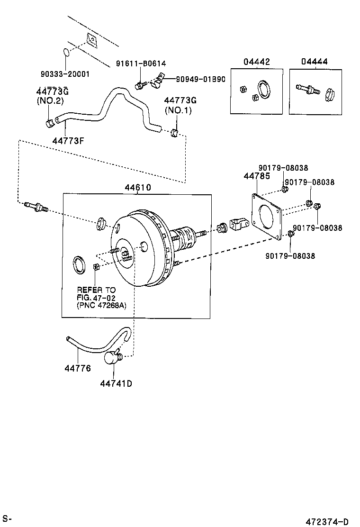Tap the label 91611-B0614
(x=141, y=63)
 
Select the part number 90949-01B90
(x=200, y=79)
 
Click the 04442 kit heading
(x=257, y=62)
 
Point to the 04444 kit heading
(x=314, y=62)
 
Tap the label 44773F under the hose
(x=66, y=140)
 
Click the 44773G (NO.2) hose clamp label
(x=50, y=96)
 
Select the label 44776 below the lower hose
(x=78, y=368)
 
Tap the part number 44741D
(x=116, y=383)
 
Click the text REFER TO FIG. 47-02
(x=96, y=293)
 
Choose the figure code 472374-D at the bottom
(x=331, y=521)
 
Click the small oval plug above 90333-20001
(x=66, y=52)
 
